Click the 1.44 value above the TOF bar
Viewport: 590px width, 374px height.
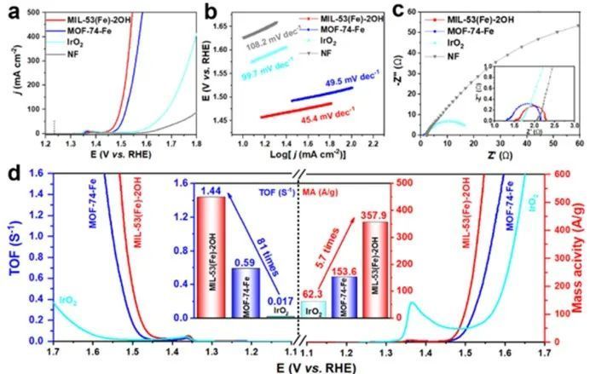[x=210, y=188]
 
